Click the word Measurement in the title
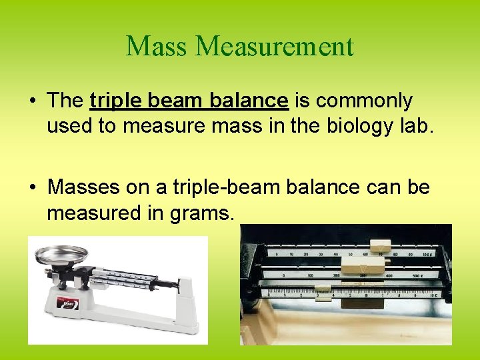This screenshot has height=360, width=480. tap(275, 47)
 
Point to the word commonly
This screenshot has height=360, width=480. tap(364, 101)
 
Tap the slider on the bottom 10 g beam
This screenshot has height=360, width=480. tap(323, 293)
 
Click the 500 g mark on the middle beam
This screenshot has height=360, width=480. tap(418, 275)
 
